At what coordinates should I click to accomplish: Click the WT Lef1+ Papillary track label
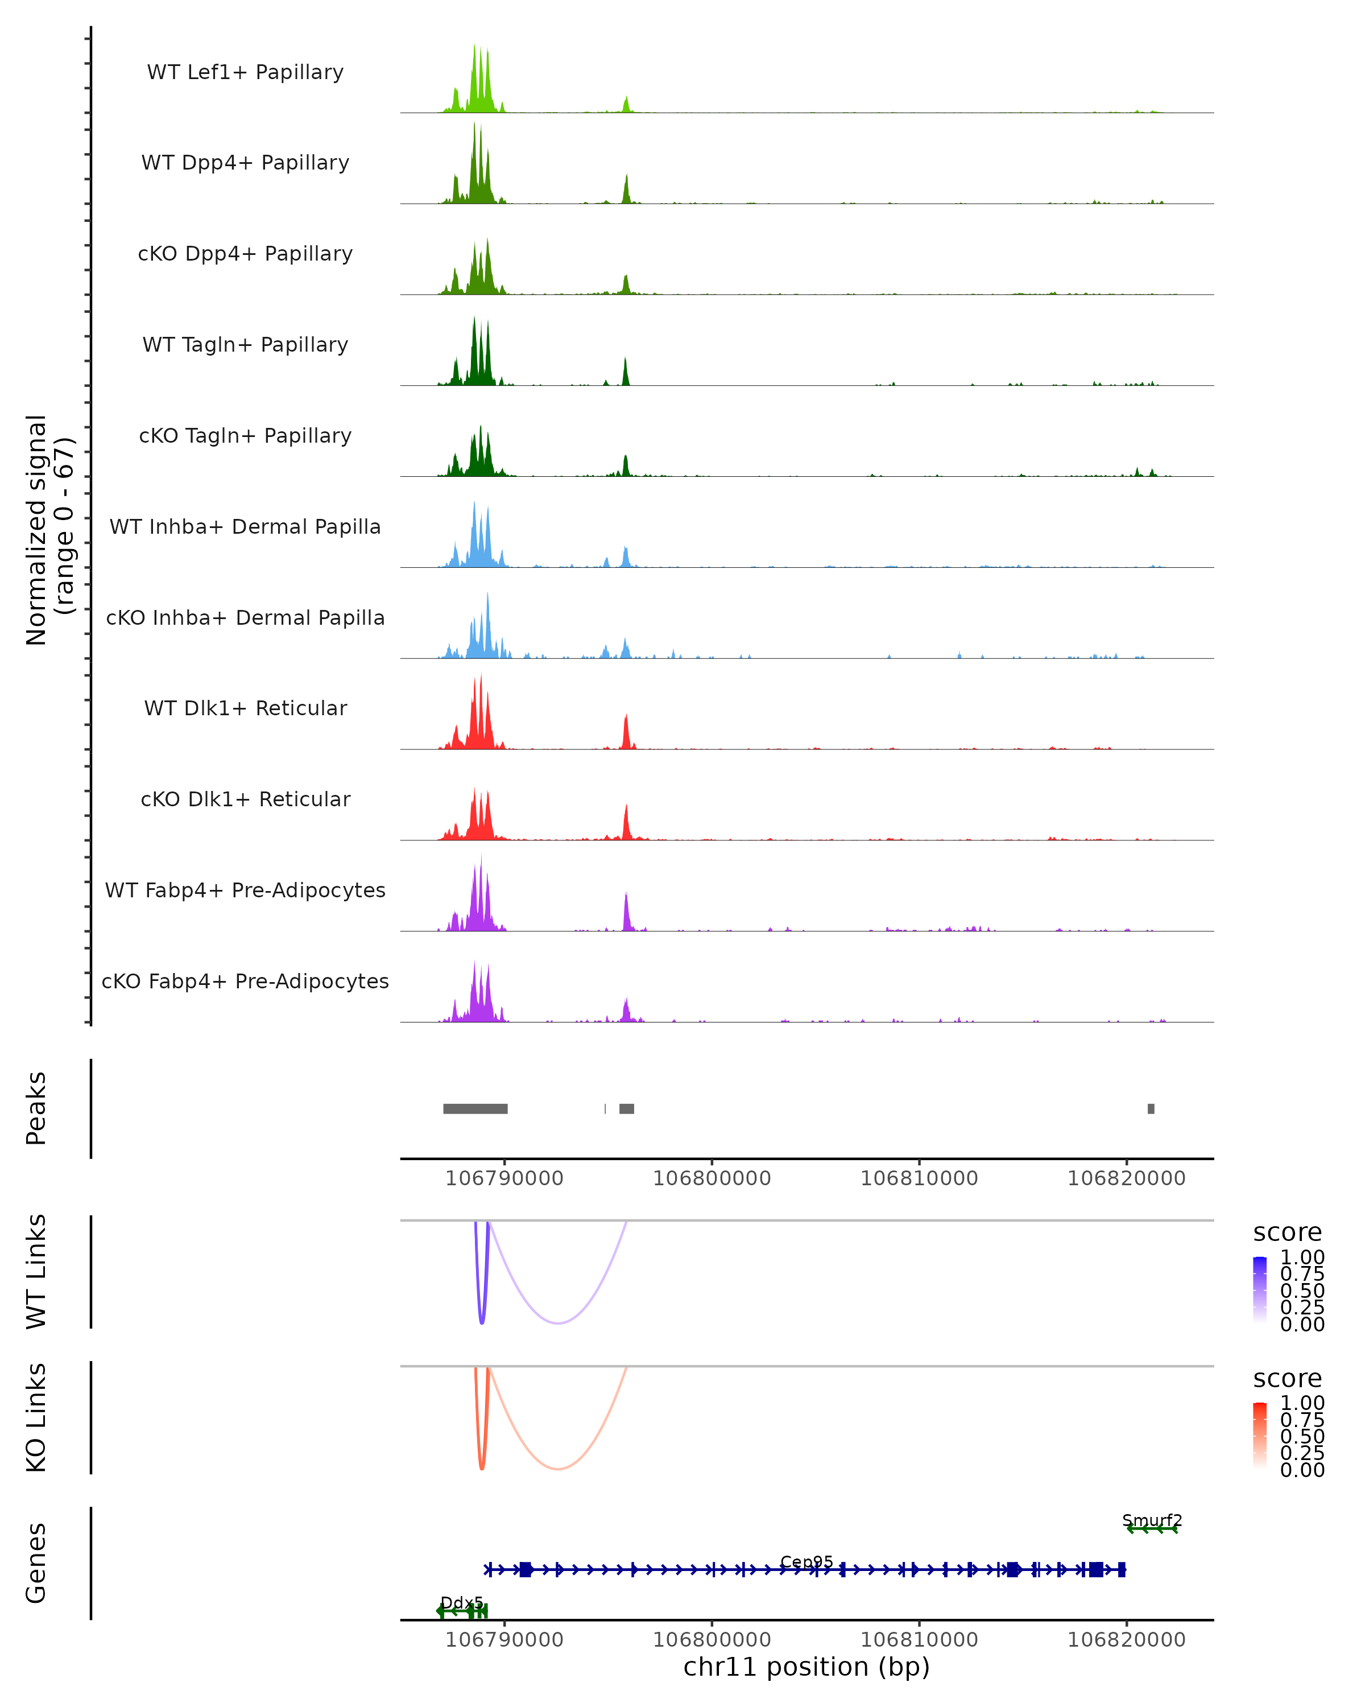click(245, 72)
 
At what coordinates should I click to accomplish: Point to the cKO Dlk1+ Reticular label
click(245, 799)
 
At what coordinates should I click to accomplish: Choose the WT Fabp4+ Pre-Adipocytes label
click(245, 890)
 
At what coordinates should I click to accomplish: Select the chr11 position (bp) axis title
click(806, 1667)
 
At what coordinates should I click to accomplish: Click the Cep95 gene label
click(806, 1561)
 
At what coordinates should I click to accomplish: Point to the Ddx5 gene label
click(461, 1602)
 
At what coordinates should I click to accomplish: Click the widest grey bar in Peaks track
click(475, 1108)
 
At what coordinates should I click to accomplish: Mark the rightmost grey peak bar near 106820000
click(1151, 1108)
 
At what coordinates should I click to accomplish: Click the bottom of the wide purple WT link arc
click(558, 1323)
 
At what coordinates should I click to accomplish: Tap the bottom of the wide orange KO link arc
click(558, 1469)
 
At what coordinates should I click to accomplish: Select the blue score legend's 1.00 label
click(1302, 1257)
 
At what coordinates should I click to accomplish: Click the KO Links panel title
click(36, 1417)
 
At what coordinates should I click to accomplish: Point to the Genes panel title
click(36, 1563)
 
